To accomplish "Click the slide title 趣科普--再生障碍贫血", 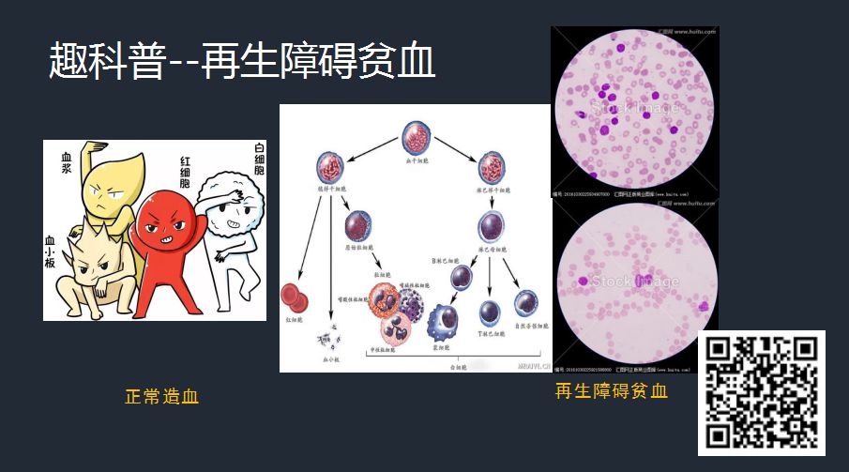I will pos(242,62).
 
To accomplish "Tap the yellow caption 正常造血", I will pos(162,397).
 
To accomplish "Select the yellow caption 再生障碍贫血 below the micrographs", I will pos(611,391).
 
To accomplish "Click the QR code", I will pos(761,392).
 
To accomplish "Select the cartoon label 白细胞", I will pos(257,163).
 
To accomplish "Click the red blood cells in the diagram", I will pos(296,299).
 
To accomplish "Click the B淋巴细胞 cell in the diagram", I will pos(460,277).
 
